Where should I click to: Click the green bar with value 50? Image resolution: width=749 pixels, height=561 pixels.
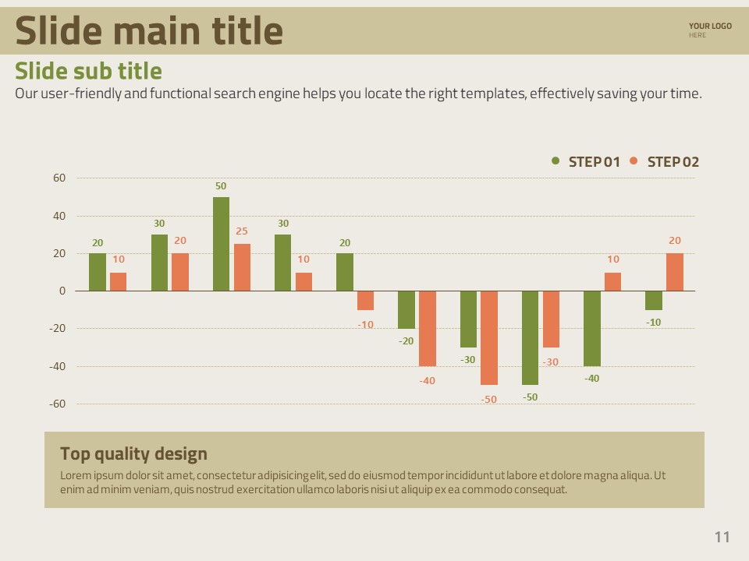click(x=221, y=244)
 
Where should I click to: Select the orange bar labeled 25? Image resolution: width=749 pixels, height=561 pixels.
click(x=242, y=267)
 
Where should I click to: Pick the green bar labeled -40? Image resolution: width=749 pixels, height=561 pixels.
click(x=592, y=328)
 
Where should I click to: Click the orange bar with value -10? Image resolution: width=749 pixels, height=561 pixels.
click(x=365, y=300)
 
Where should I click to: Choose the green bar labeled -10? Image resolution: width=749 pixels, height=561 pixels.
click(x=654, y=300)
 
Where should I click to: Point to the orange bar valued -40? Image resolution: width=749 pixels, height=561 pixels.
click(x=428, y=328)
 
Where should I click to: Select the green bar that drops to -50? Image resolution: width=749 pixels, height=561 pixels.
click(x=530, y=337)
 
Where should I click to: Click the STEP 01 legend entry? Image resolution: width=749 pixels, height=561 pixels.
click(x=594, y=162)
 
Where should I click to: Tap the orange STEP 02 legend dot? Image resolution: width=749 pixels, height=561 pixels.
click(x=634, y=161)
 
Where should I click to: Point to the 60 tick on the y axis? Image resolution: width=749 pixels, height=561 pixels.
click(x=59, y=178)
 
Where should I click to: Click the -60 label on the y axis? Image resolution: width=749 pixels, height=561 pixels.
click(x=57, y=404)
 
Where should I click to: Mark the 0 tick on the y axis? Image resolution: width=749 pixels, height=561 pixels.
click(x=62, y=291)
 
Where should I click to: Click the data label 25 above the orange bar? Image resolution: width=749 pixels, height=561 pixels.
click(x=242, y=231)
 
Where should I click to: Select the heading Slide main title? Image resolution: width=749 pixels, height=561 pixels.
click(x=149, y=31)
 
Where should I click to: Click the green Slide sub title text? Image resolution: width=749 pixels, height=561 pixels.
click(x=88, y=71)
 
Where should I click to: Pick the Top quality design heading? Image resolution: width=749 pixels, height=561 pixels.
click(x=133, y=453)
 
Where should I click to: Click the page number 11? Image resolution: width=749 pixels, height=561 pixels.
click(x=722, y=537)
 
